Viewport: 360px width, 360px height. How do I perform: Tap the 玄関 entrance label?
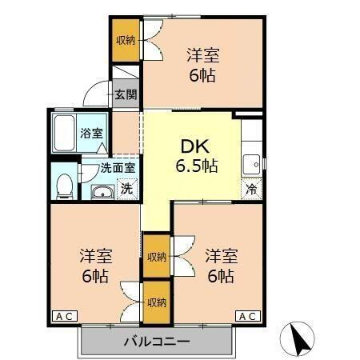[x=126, y=94]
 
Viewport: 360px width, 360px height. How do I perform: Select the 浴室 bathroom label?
[x=90, y=134]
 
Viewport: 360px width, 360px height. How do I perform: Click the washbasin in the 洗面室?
[x=103, y=192]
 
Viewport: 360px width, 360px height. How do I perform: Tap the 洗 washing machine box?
[x=126, y=190]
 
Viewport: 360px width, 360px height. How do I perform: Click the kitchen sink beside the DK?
[x=253, y=162]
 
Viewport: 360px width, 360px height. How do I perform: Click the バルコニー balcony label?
[x=156, y=342]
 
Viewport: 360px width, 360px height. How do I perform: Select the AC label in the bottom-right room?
[x=249, y=317]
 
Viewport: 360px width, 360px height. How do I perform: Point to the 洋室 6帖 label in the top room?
[x=203, y=66]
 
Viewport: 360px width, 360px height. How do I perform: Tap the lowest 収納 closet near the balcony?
[x=157, y=302]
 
